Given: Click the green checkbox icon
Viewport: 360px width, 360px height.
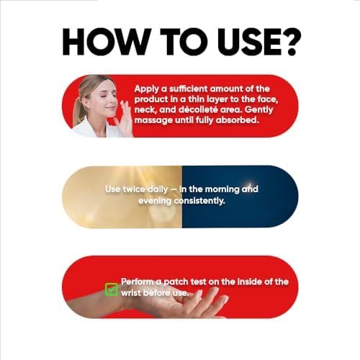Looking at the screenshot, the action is (112, 289).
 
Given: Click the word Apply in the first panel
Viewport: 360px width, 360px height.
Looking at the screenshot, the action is (147, 89).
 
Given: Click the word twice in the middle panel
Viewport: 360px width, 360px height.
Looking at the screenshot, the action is (134, 189).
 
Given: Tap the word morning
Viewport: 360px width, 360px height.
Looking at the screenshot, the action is (222, 189).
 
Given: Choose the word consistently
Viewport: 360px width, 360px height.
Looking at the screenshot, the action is (199, 201).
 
